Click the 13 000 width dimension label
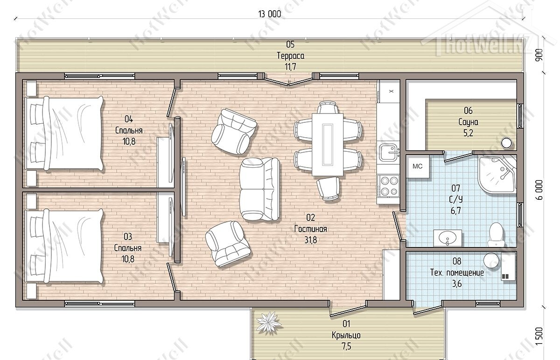coord(270,14)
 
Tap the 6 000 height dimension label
coord(539,190)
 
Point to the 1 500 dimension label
coord(539,336)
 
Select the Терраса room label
coord(290,56)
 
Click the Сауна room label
coord(468,122)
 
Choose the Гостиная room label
coord(310,229)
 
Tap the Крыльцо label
coord(346,335)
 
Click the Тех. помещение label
coord(457,272)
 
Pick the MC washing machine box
coord(418,166)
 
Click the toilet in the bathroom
coord(496,235)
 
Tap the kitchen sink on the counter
coord(389,152)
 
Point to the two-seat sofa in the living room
coord(259,189)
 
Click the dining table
coord(328,144)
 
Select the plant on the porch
coord(268,323)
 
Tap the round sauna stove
coord(506,143)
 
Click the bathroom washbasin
coord(448,238)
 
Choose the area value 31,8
coord(310,240)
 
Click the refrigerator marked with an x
coord(388,92)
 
